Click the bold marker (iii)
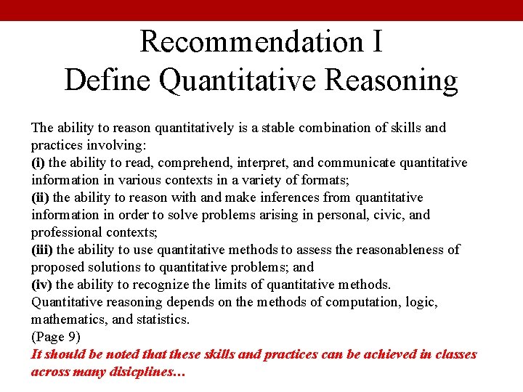pos(42,250)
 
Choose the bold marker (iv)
pos(41,285)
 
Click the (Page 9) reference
pos(55,337)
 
